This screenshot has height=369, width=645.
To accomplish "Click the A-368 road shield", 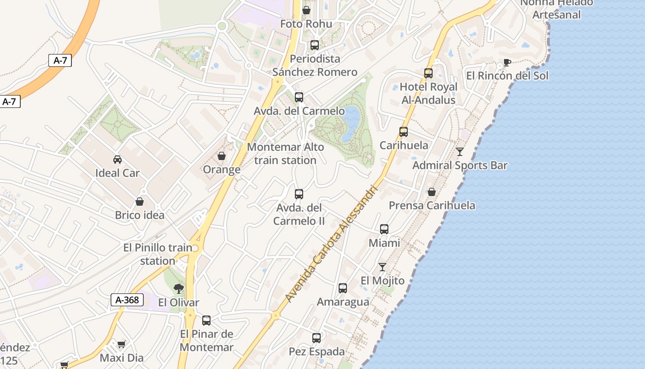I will [x=127, y=300].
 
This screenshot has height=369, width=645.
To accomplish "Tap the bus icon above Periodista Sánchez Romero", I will [x=315, y=45].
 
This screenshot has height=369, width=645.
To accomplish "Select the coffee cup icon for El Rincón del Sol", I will [x=507, y=62].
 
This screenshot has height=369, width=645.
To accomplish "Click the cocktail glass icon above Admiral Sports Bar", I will [x=460, y=152].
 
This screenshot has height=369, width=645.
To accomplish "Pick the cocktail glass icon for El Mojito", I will [x=382, y=267].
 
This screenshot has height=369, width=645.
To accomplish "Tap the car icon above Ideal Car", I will [x=117, y=160].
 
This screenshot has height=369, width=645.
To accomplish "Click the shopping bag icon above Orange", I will [x=222, y=156].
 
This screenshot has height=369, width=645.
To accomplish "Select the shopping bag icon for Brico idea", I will [x=140, y=202].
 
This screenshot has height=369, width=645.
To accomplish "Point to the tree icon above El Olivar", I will [x=178, y=289].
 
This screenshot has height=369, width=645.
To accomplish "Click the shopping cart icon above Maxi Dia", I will [x=121, y=344].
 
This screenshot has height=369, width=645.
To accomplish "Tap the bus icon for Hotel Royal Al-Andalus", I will [x=428, y=73].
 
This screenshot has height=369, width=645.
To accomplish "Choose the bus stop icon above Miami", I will [x=384, y=229].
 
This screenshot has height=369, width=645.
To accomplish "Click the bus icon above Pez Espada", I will [x=317, y=338].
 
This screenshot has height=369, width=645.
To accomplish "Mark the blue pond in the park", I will [x=351, y=123].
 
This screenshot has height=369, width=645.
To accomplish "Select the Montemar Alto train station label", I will [x=286, y=154].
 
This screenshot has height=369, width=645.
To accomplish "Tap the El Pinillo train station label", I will [x=158, y=254].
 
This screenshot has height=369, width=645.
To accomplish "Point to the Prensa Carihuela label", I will [x=432, y=205].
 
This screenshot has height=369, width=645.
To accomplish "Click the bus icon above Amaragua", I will [x=343, y=288].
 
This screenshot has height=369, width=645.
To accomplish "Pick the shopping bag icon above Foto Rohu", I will [x=306, y=10].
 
